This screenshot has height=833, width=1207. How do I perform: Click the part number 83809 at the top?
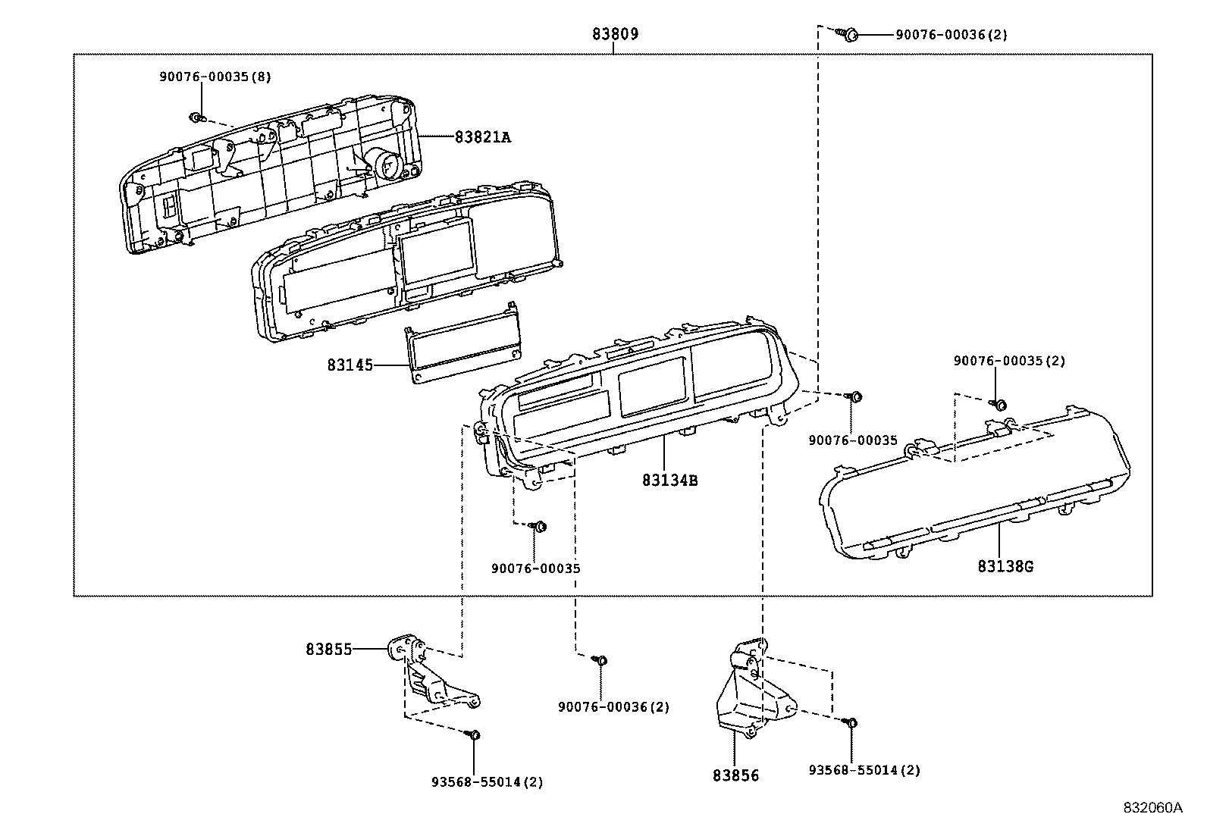pos(615,34)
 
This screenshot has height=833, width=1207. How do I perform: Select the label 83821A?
pos(483,137)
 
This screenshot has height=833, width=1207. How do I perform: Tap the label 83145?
pos(350,365)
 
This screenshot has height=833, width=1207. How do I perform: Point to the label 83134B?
pos(669,480)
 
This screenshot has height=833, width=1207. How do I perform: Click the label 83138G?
pos(1005,566)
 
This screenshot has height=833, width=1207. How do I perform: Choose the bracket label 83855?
pos(329,650)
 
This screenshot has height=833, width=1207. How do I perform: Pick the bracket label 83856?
pos(735,775)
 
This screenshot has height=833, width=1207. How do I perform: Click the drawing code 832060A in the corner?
pos(1152,807)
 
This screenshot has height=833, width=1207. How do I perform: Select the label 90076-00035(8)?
pos(215,77)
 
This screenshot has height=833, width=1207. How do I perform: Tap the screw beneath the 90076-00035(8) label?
pos(197,118)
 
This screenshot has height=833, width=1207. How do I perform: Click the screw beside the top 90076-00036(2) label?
pos(850,34)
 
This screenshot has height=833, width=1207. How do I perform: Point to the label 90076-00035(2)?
pos(1009,362)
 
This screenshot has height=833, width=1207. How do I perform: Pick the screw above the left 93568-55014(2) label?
pos(473,734)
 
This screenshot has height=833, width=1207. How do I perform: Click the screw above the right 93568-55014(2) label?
pos(851,722)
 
